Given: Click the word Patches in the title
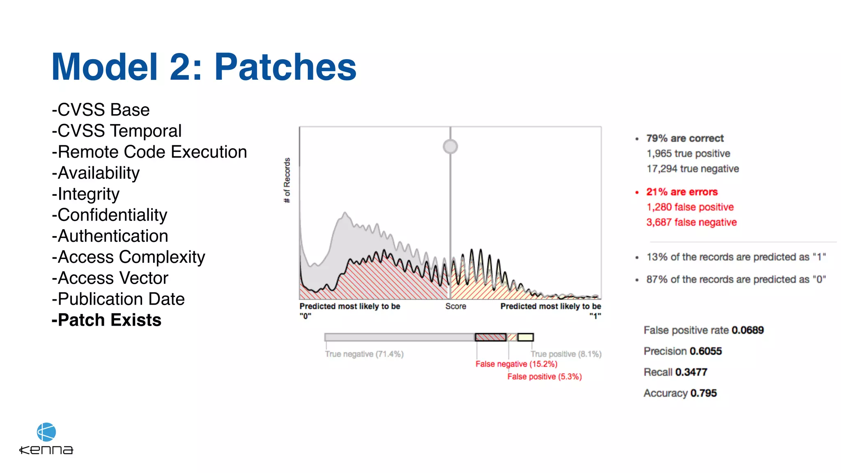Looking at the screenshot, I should [285, 67].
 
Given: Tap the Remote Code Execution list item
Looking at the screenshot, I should [149, 152].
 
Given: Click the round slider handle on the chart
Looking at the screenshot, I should [450, 147].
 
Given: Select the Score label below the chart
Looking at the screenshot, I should [455, 306].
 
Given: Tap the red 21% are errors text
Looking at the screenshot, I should [682, 192].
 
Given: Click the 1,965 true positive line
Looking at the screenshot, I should [688, 154].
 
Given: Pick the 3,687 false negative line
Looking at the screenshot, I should [692, 222].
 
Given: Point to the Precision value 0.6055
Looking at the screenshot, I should [705, 351].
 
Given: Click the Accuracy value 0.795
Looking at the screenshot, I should [703, 393].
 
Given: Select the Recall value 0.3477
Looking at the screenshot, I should [691, 372].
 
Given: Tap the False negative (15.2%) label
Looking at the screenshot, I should [516, 364].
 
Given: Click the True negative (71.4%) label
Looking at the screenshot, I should [364, 354].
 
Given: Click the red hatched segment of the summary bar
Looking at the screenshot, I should [490, 337].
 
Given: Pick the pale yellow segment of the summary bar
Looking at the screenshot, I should [525, 337].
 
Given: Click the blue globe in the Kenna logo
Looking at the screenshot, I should [46, 432].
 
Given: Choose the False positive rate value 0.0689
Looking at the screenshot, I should [747, 330].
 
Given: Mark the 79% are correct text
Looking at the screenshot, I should [685, 138].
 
